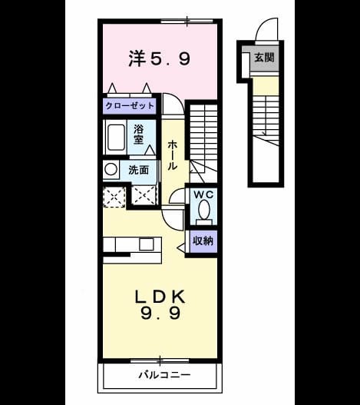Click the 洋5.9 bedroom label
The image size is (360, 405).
click(x=160, y=58)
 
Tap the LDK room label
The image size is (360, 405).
click(x=160, y=297)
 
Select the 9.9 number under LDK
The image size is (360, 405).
click(x=160, y=314)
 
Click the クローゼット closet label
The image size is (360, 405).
click(x=130, y=106)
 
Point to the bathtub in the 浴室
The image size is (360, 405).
click(x=116, y=138)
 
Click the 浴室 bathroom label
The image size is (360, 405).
click(x=139, y=134)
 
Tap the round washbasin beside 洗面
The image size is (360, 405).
click(x=111, y=169)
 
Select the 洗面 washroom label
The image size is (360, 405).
click(x=139, y=170)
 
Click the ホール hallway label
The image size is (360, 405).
click(x=172, y=155)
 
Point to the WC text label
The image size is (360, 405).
click(x=203, y=194)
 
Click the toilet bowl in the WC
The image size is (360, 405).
click(x=204, y=210)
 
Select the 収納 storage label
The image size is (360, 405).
click(x=203, y=241)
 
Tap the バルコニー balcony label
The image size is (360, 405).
click(x=164, y=375)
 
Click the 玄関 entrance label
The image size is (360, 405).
click(x=264, y=58)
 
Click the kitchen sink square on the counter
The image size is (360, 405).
click(x=147, y=244)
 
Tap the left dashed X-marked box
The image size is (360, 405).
click(x=114, y=197)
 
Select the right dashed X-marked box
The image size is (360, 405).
click(x=144, y=195)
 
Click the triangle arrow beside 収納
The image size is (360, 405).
click(x=181, y=247)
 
